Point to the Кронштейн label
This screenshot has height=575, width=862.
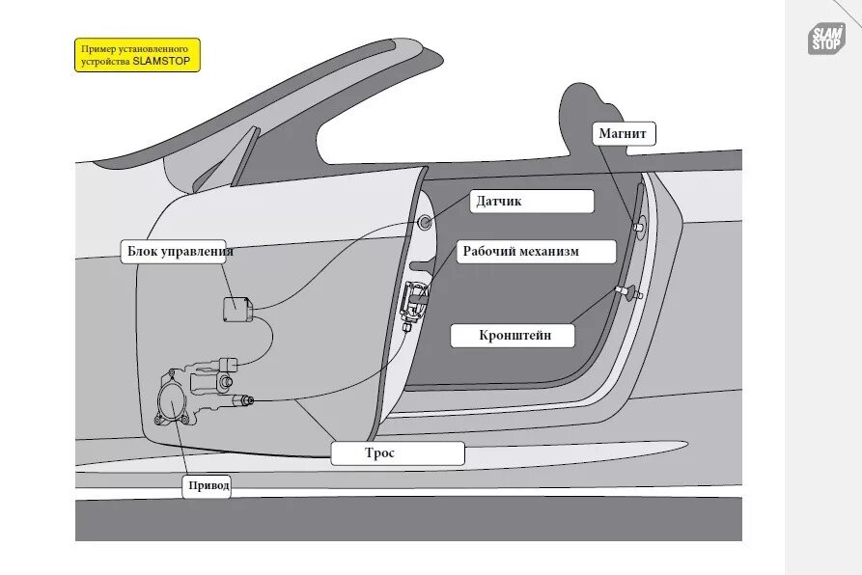514,336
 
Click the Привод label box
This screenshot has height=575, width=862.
208,486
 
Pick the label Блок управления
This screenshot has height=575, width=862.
181,253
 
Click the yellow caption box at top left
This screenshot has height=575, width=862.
137,55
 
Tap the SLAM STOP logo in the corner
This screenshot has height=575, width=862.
826,39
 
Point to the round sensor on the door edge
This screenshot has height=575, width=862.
425,223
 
